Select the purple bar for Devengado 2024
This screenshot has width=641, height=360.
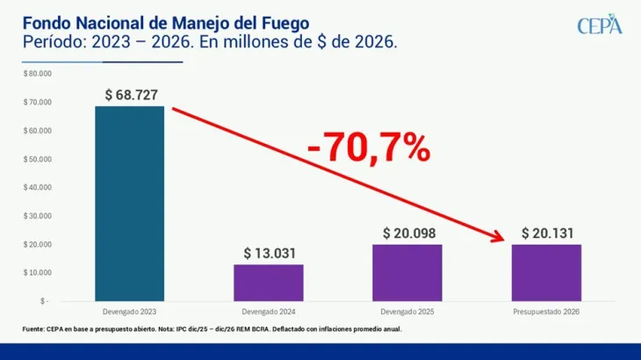click(x=269, y=282)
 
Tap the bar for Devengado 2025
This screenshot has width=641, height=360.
click(x=407, y=272)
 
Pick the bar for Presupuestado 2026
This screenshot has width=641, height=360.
click(x=546, y=272)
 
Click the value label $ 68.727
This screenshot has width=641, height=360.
click(x=130, y=95)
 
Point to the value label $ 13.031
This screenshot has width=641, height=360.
click(x=269, y=254)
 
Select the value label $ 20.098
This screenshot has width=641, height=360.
click(x=407, y=234)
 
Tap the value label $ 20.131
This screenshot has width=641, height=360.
click(x=546, y=234)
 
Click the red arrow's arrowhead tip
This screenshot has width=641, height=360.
click(x=506, y=239)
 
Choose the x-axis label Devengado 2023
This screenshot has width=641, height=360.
click(x=130, y=312)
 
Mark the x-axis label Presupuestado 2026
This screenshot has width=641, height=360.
click(x=546, y=312)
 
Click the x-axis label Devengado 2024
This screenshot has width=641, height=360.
click(x=269, y=312)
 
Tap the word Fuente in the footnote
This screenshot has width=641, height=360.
click(x=34, y=329)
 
